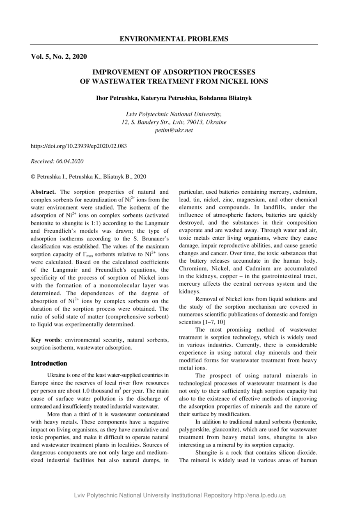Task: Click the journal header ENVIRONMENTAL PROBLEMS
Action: point(174,39)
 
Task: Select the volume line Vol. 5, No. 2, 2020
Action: point(59,57)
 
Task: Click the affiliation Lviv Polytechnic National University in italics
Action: point(174,114)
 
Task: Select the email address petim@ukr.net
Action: point(174,130)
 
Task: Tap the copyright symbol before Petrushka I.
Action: point(33,177)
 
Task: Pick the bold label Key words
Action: point(45,340)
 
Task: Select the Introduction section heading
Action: point(49,363)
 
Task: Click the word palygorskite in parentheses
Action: point(195,429)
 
